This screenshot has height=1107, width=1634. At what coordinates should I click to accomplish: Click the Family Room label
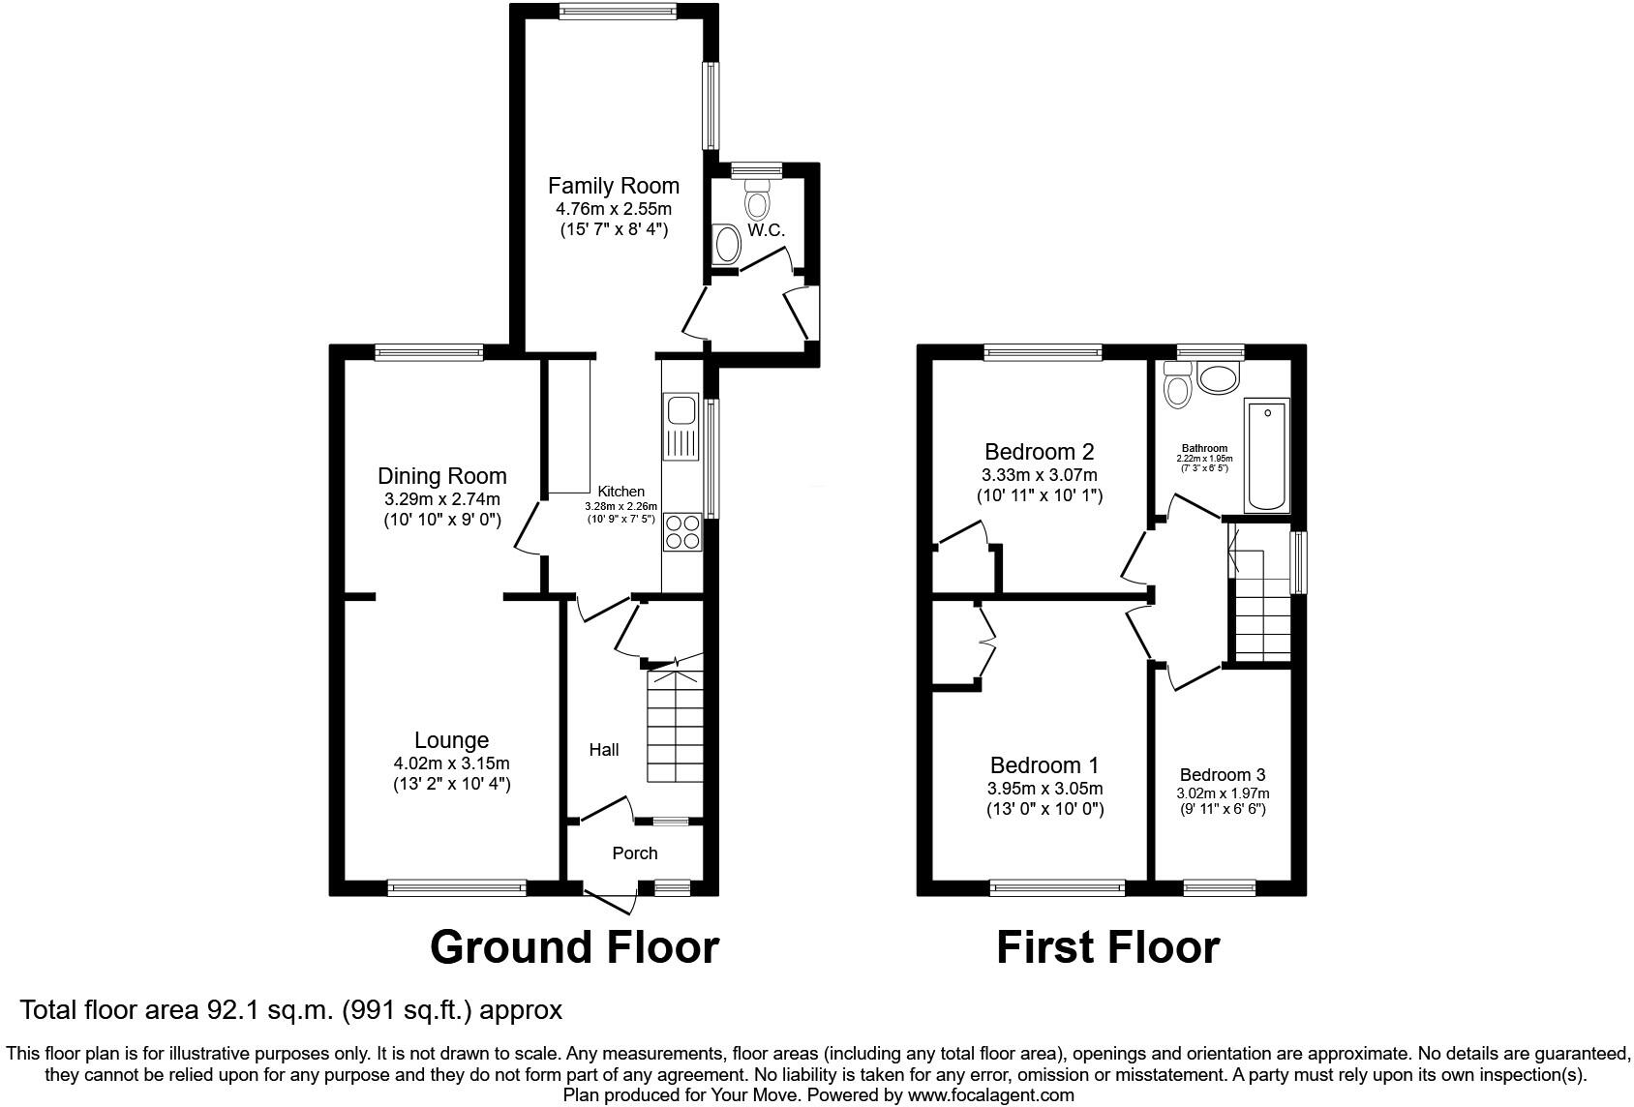613,186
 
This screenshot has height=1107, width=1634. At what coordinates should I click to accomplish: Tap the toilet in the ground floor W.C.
756,200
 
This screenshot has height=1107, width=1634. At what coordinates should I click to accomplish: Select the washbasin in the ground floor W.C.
725,245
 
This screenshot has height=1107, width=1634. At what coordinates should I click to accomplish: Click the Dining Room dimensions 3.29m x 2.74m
441,499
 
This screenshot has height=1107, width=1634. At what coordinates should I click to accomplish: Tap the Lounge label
451,740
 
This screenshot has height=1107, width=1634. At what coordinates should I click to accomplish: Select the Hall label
604,750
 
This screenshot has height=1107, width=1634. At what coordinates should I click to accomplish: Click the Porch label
635,853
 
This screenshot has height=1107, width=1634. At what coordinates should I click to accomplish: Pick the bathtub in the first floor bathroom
1266,456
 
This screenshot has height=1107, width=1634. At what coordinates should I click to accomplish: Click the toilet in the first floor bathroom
1177,386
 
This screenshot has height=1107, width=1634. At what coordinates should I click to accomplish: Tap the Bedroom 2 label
1039,452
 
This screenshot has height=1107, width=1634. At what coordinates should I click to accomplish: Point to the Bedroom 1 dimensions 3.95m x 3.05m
1045,789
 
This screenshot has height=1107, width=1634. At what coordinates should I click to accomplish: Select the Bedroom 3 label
1222,775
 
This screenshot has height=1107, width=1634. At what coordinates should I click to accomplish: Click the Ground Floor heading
574,947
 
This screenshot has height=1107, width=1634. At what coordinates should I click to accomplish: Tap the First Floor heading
1107,947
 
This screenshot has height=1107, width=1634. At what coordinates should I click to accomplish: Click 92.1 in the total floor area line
231,1010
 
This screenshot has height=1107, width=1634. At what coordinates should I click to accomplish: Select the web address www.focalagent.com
990,1095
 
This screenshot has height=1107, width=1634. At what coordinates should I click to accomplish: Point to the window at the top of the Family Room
618,12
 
